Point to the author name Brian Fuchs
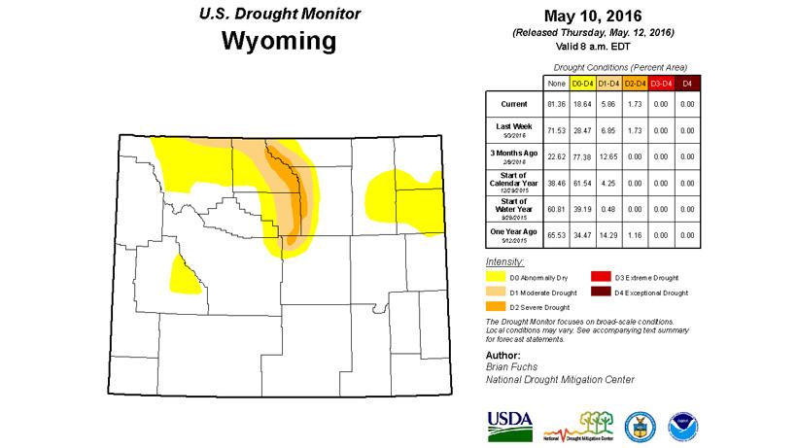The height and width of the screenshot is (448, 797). coord(510,366)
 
